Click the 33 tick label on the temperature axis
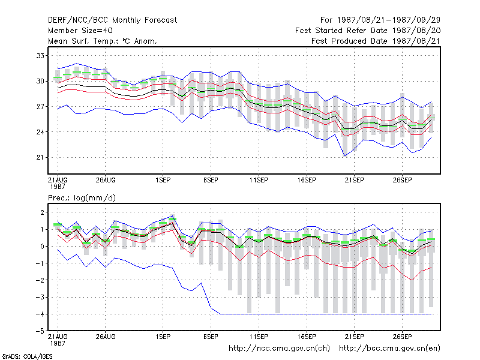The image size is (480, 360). click(x=40, y=56)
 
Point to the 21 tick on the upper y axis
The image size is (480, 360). click(x=40, y=157)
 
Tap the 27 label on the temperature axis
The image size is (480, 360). click(x=40, y=107)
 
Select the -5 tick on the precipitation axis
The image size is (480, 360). click(x=40, y=331)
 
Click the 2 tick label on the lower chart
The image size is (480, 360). click(x=42, y=212)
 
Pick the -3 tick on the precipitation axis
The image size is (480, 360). click(x=40, y=297)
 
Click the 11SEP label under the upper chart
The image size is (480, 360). click(x=259, y=180)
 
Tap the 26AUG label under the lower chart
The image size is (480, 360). click(x=106, y=337)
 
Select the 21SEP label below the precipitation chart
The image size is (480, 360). click(x=355, y=337)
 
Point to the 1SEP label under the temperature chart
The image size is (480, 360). click(x=163, y=180)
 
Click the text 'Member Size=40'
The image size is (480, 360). click(x=80, y=31)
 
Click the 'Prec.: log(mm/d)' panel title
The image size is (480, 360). click(x=82, y=198)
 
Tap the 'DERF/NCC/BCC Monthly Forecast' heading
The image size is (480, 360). click(x=112, y=20)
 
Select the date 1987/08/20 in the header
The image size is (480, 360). click(x=416, y=31)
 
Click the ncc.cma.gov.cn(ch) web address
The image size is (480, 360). click(x=279, y=349)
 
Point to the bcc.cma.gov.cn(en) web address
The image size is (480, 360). click(x=389, y=349)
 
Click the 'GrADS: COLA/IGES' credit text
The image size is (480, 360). click(x=28, y=356)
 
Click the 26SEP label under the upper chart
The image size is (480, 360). click(x=402, y=180)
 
